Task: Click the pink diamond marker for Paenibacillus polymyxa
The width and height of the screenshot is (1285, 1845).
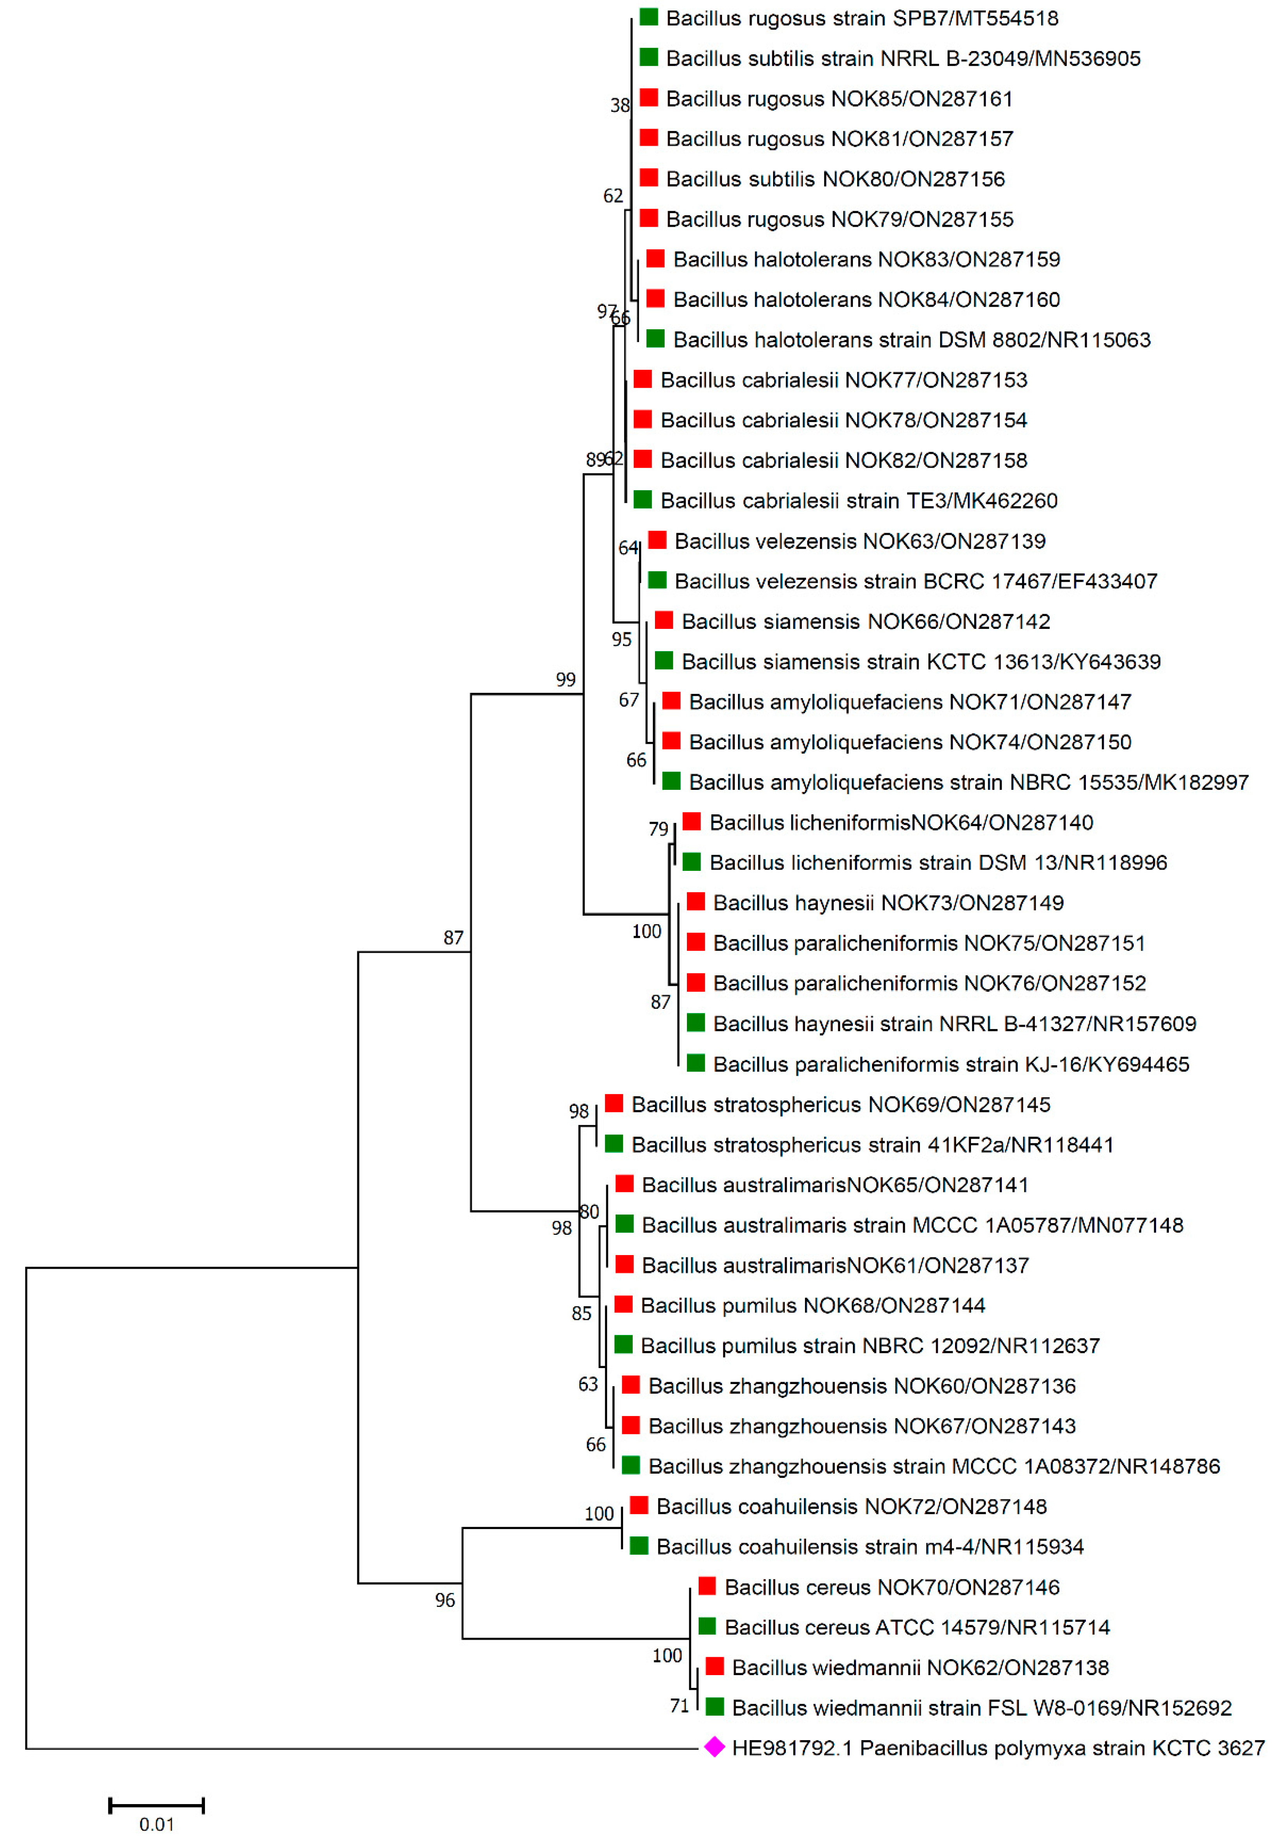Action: point(714,1747)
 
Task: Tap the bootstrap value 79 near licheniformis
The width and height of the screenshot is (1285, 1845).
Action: point(658,828)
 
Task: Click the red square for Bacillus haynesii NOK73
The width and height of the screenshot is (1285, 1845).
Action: point(696,902)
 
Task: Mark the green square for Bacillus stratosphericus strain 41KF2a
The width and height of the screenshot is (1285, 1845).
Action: point(614,1144)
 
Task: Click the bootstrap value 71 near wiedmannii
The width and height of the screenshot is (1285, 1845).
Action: point(679,1705)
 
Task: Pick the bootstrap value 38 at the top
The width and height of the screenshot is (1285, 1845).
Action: point(620,105)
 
